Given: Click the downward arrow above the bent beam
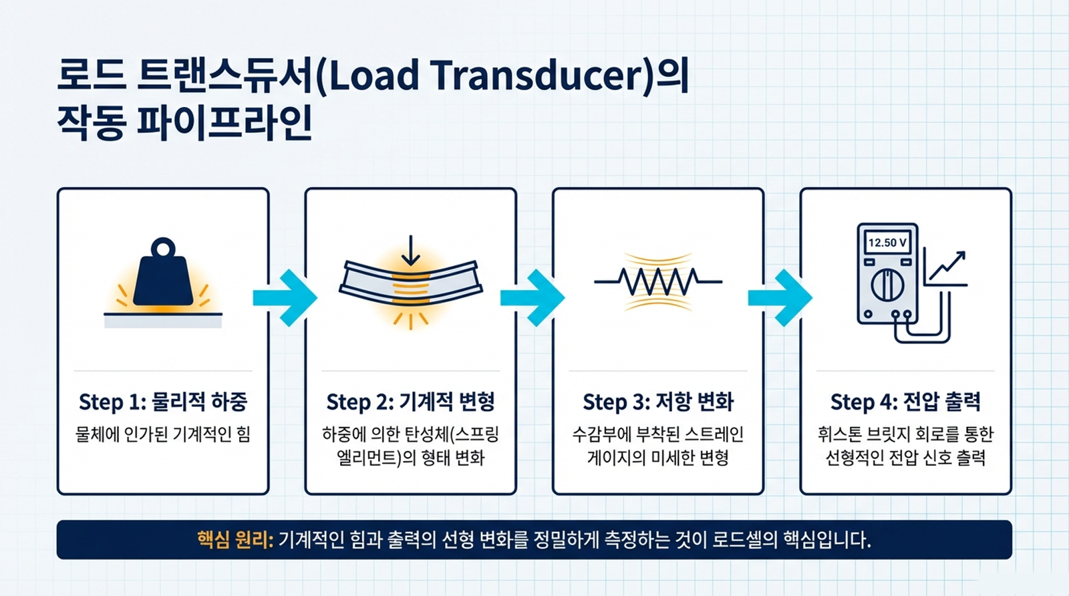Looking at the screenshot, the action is click(410, 251).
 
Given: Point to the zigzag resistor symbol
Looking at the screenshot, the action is click(658, 281).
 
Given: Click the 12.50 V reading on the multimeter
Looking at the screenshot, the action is click(887, 243).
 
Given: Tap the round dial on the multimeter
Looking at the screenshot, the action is click(887, 285).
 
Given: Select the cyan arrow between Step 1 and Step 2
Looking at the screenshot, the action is click(285, 298).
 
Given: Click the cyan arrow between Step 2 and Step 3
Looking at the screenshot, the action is click(532, 298).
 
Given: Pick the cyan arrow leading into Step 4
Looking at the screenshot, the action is click(780, 298).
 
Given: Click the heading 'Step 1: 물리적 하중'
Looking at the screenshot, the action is click(163, 402).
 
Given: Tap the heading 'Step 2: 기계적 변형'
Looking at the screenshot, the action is click(410, 402).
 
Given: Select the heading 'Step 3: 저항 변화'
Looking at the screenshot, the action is click(658, 402).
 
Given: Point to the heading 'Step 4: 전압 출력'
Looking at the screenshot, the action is click(905, 402).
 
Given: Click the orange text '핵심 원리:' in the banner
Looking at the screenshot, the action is click(235, 540).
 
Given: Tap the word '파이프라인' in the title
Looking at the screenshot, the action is click(224, 122).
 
